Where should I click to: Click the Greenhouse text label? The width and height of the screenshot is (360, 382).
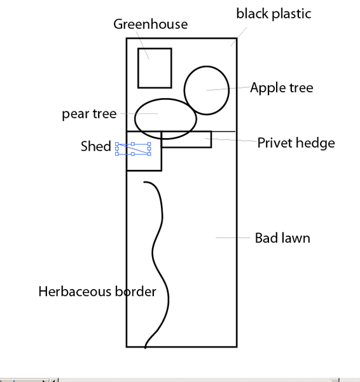(x=151, y=25)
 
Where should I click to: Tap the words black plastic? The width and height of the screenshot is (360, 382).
(x=273, y=13)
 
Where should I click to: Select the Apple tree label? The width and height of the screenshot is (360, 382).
(x=282, y=88)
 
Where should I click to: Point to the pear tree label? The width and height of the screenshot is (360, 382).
(x=89, y=114)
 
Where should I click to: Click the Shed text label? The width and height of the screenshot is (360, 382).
(x=95, y=146)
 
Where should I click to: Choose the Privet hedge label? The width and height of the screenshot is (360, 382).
(x=296, y=143)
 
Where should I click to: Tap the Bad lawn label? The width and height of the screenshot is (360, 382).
(x=282, y=238)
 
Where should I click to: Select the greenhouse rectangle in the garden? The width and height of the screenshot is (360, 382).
(x=138, y=68)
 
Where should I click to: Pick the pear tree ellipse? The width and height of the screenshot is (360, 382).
(x=135, y=119)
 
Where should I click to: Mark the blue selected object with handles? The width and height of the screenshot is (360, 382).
(x=133, y=149)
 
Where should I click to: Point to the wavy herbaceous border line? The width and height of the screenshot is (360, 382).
(x=153, y=253)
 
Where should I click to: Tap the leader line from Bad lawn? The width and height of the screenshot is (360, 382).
(x=233, y=237)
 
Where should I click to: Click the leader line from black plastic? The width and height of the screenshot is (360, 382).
(x=239, y=36)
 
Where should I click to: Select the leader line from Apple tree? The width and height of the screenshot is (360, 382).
(x=228, y=88)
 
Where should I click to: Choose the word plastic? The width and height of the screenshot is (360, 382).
(x=291, y=13)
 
